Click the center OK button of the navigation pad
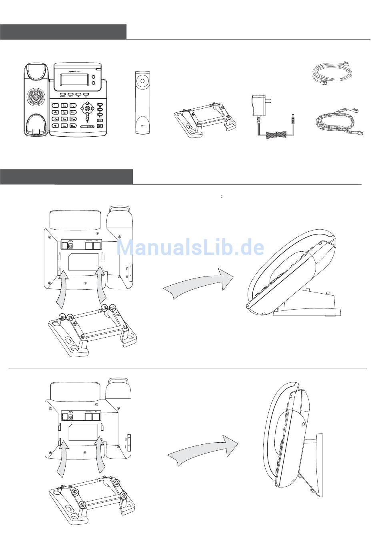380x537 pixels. [87, 108]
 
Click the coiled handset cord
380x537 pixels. [339, 121]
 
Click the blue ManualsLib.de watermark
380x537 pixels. [190, 248]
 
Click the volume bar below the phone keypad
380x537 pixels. [87, 126]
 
